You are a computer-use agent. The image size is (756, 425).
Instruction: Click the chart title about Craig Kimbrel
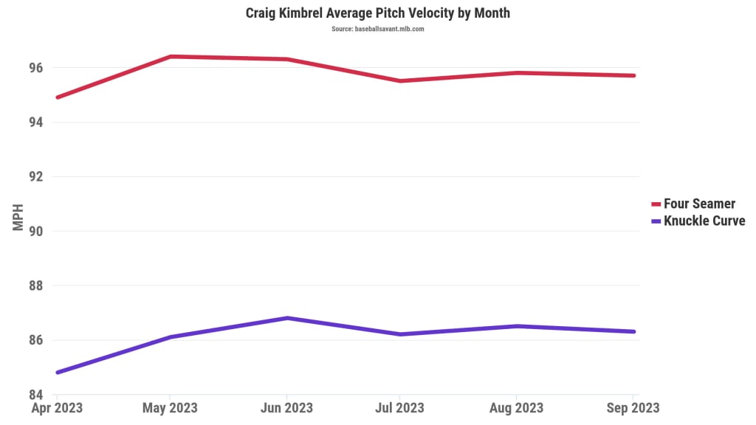[377, 13]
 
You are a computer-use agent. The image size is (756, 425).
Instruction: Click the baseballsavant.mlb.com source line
[377, 29]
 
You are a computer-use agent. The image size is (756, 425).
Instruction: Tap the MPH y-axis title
[18, 217]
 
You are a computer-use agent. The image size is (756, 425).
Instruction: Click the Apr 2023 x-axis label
[56, 408]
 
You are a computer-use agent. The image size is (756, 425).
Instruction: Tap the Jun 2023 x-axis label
[286, 408]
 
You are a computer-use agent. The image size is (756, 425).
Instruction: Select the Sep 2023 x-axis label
[633, 408]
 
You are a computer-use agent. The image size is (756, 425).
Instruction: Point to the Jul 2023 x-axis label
[399, 408]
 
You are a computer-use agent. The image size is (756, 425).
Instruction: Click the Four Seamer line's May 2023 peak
[171, 56]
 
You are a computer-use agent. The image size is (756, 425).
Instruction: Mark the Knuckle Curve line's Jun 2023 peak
[286, 318]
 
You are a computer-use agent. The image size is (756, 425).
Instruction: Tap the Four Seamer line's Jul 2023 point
[399, 80]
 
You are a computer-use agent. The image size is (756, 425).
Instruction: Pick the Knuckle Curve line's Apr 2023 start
[57, 373]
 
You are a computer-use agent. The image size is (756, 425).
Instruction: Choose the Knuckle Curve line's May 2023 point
[171, 337]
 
